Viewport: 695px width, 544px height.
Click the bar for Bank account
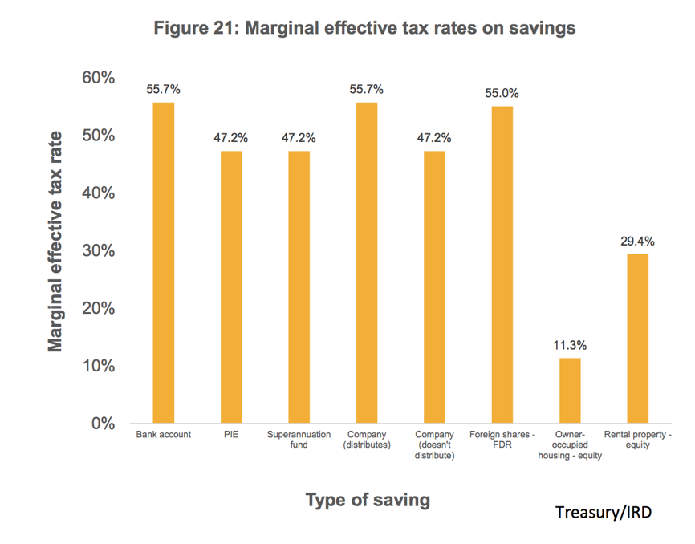coord(164,262)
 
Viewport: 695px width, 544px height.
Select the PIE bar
coord(231,286)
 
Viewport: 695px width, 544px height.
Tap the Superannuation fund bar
coord(299,286)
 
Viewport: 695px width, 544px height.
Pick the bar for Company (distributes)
coord(366,262)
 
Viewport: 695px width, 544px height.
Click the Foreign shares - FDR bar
coord(502,265)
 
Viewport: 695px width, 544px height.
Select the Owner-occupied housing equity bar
coord(570,390)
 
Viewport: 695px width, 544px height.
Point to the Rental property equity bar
coord(637,338)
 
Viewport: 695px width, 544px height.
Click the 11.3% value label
coord(570,346)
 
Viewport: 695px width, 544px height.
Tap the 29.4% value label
coord(637,241)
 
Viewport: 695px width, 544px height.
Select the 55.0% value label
coord(502,93)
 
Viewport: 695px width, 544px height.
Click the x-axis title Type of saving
coord(368,500)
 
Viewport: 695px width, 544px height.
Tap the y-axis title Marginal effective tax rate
coord(55,241)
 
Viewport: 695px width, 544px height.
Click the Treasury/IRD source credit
coord(603,511)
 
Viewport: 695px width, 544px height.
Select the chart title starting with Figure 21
coord(364,28)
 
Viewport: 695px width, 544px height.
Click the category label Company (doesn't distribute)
coord(434,445)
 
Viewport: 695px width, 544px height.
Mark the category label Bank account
coord(164,435)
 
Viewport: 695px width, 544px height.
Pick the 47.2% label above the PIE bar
coord(231,138)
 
